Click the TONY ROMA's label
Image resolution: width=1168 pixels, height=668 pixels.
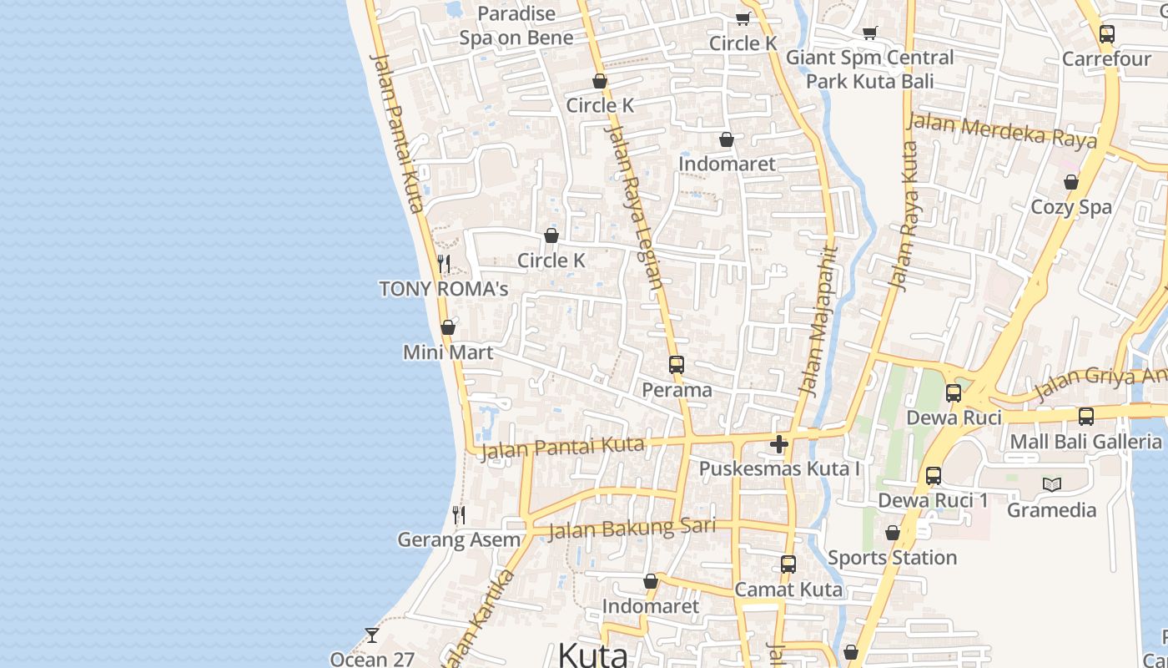click(x=443, y=289)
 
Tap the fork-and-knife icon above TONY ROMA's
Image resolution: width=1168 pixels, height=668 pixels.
click(x=444, y=265)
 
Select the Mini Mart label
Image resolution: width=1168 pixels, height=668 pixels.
click(x=448, y=352)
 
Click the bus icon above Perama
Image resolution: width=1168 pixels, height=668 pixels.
click(x=676, y=365)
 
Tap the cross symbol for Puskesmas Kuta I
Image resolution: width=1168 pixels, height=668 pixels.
click(x=779, y=444)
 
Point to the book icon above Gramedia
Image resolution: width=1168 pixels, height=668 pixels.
click(x=1052, y=484)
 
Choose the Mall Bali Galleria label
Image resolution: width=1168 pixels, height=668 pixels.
click(x=1085, y=441)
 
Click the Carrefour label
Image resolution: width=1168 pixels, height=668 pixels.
click(x=1106, y=59)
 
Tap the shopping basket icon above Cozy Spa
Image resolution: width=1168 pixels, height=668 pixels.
click(x=1071, y=182)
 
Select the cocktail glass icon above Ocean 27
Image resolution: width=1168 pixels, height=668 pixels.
click(x=372, y=635)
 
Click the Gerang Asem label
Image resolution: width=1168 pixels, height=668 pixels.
click(x=459, y=539)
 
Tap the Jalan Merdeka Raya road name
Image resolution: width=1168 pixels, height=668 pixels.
click(x=1001, y=131)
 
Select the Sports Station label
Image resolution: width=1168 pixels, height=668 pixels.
click(x=892, y=557)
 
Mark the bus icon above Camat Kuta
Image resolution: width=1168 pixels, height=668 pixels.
click(x=788, y=564)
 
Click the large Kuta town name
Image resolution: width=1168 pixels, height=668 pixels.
click(x=592, y=655)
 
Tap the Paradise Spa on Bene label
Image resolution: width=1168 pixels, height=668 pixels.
click(x=516, y=26)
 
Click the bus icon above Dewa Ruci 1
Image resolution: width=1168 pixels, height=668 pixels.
click(x=934, y=476)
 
